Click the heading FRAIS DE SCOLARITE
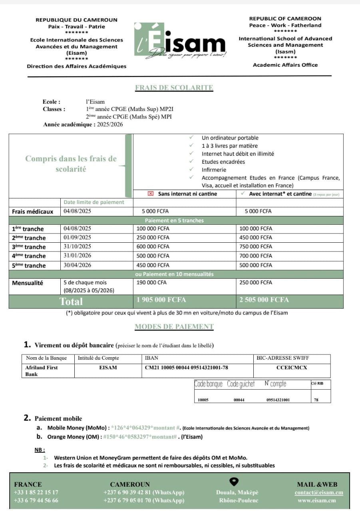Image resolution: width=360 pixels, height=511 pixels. pyautogui.click(x=174, y=88)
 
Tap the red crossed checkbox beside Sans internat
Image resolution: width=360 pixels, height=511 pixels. pyautogui.click(x=151, y=194)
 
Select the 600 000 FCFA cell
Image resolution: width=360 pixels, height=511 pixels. pyautogui.click(x=153, y=247)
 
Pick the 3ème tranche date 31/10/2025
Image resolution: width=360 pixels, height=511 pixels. pyautogui.click(x=78, y=247)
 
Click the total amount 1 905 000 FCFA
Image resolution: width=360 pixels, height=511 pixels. pyautogui.click(x=161, y=300)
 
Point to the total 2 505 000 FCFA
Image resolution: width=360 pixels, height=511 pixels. pyautogui.click(x=264, y=300)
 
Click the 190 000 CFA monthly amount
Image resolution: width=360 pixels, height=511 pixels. pyautogui.click(x=151, y=283)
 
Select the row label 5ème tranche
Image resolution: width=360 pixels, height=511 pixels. pyautogui.click(x=29, y=265)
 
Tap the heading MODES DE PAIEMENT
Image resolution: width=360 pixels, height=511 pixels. pyautogui.click(x=174, y=327)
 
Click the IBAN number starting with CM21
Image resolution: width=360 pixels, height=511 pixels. pyautogui.click(x=187, y=368)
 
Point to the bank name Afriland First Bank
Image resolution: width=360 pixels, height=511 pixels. pyautogui.click(x=42, y=370)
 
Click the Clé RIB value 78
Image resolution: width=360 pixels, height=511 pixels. pyautogui.click(x=316, y=400)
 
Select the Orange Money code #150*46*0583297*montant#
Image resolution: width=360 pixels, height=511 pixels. pyautogui.click(x=140, y=437)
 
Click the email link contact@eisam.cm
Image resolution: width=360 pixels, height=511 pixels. pyautogui.click(x=319, y=493)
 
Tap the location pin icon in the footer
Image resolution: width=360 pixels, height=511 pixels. pyautogui.click(x=235, y=481)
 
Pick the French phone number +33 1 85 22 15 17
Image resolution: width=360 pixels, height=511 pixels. pyautogui.click(x=36, y=493)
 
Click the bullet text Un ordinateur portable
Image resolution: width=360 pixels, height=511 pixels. pyautogui.click(x=230, y=138)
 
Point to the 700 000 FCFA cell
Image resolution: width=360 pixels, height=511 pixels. pyautogui.click(x=256, y=256)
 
